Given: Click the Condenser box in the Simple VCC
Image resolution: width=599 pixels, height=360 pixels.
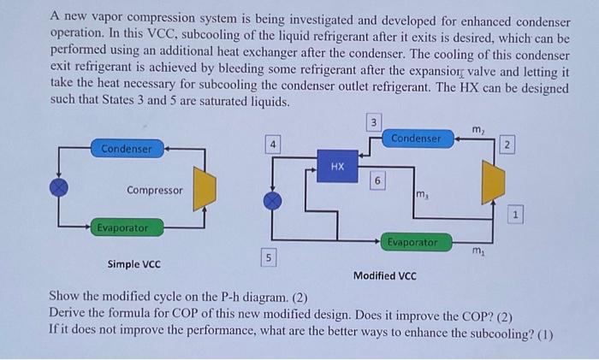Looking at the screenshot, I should pos(127,149).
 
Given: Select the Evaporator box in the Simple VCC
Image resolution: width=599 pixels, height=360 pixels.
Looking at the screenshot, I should pos(122,227).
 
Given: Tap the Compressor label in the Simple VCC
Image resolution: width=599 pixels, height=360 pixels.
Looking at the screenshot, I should pos(154,190).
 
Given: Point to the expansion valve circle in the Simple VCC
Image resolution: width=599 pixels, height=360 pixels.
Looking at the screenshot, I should pos(58,186).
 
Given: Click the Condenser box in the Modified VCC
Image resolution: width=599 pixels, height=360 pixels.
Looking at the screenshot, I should pos(416,138).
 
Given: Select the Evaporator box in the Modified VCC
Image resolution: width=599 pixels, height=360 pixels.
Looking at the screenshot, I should pos(412,243).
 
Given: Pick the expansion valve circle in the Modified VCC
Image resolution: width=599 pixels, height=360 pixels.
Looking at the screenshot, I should pos(272,199).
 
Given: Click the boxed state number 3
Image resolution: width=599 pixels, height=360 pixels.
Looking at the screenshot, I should pos(372,123).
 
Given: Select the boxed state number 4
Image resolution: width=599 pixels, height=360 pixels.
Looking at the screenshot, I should pos(271,145).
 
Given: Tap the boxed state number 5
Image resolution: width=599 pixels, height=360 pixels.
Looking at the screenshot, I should pos(268,257).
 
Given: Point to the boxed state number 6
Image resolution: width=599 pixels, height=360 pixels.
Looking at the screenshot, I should pos(377,180).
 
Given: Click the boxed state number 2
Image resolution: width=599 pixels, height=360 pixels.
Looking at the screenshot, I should pos(507,145).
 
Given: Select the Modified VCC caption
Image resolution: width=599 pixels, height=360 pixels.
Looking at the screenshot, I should pos(384,275).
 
